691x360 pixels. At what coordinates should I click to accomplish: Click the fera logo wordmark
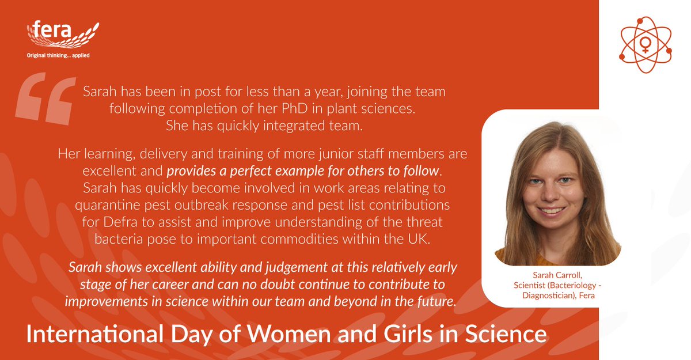(x=52, y=31)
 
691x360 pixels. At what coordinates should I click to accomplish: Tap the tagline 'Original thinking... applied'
(x=58, y=55)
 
